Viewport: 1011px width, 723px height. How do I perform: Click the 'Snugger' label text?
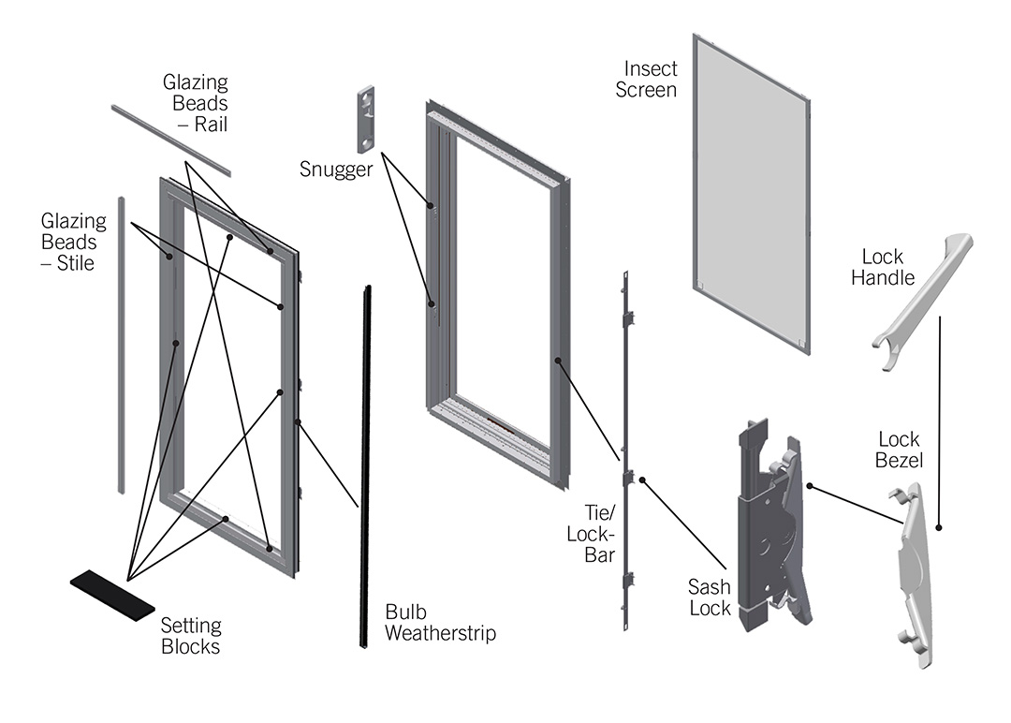click(335, 170)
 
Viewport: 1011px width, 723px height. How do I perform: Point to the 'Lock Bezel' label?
click(899, 450)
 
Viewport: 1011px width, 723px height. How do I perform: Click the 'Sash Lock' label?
click(710, 598)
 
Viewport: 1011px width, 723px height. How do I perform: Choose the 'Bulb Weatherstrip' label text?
click(440, 623)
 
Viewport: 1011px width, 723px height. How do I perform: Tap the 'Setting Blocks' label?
click(191, 636)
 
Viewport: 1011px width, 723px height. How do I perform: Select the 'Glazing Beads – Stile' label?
click(73, 242)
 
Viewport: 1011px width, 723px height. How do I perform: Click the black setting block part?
click(112, 594)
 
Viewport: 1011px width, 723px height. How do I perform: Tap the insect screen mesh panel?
click(751, 192)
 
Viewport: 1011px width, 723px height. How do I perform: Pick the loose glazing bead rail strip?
click(170, 140)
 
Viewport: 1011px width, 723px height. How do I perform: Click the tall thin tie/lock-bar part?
click(626, 450)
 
